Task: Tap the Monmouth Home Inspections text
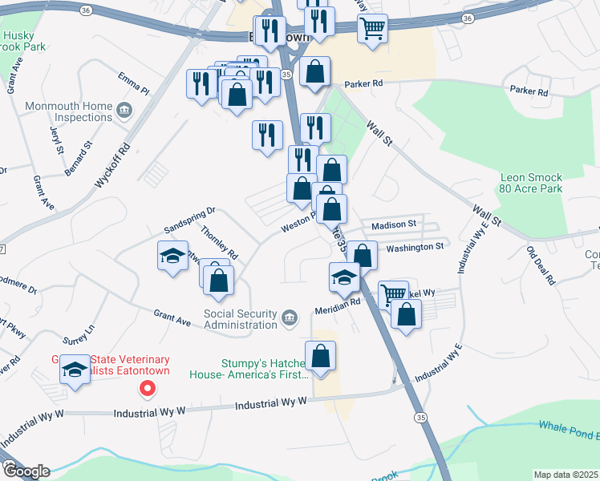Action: coord(68,111)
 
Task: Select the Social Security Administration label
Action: coord(241,319)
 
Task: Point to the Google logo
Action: coord(26,471)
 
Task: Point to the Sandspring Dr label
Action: coord(189,212)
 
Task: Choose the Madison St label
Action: coord(394,224)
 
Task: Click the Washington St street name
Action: coord(415,248)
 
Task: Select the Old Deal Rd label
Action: coord(541,266)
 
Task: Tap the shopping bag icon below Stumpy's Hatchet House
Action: coord(320,357)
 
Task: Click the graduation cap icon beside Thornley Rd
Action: coord(172,257)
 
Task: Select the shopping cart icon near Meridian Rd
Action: coord(393,295)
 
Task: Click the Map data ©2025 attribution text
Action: coord(566,475)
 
